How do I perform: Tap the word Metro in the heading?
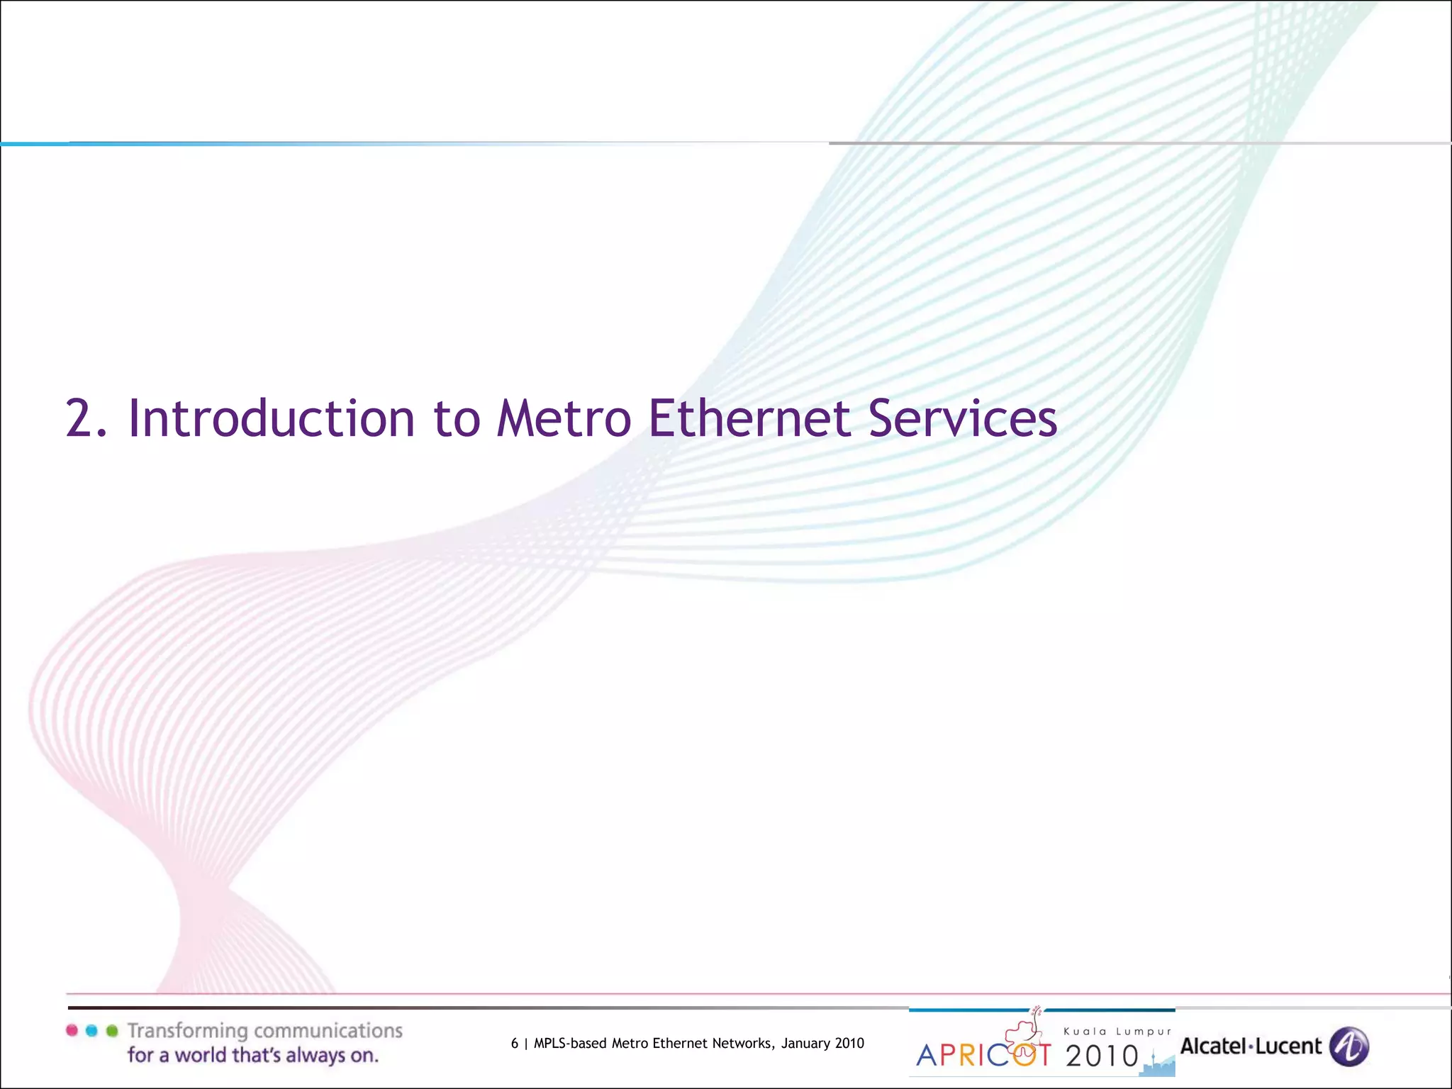coord(564,418)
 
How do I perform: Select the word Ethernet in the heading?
coord(749,418)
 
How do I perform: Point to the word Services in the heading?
coord(962,418)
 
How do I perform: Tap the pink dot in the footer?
coord(72,1030)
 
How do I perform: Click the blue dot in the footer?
coord(91,1030)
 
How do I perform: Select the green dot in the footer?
coord(111,1030)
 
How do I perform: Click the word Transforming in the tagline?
coord(187,1032)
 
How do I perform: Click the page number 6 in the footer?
coord(514,1043)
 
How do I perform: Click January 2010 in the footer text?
coord(822,1043)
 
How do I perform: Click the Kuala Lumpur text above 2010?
coord(1117,1032)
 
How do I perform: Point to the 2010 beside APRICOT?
coord(1102,1056)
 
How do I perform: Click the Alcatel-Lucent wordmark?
coord(1251,1046)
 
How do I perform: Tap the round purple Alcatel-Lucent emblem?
coord(1348,1046)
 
